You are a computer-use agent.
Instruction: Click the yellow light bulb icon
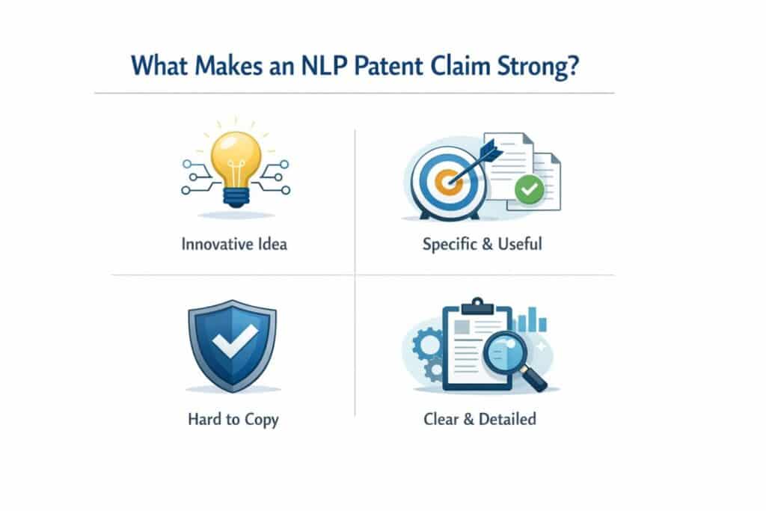click(x=236, y=161)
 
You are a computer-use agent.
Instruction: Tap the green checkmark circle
click(x=528, y=190)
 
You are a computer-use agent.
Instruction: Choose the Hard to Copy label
click(x=233, y=419)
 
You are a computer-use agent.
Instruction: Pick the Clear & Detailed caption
click(x=479, y=418)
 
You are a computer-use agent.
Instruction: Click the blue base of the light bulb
click(x=236, y=197)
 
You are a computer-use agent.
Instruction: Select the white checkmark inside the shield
click(x=231, y=342)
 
